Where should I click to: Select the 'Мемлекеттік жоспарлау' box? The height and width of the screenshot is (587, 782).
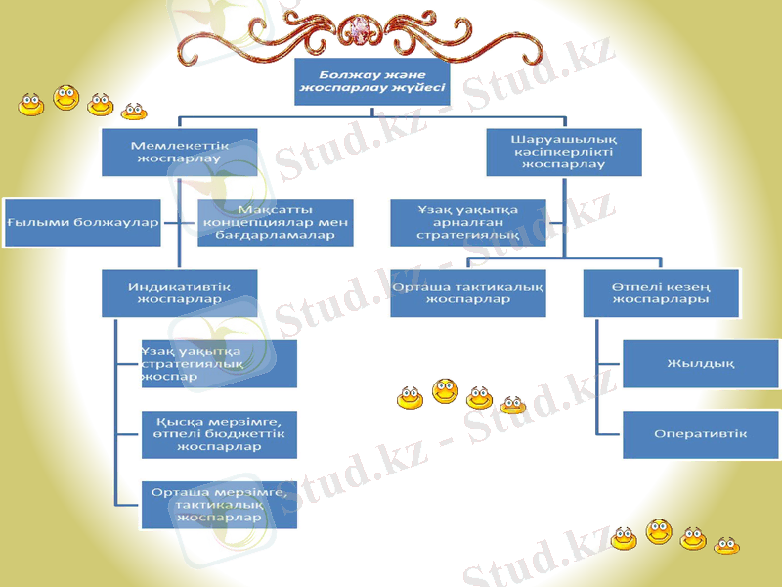(180, 152)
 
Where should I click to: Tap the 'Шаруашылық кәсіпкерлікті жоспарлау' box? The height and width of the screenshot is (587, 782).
(564, 152)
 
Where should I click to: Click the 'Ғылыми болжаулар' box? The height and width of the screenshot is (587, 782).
(82, 222)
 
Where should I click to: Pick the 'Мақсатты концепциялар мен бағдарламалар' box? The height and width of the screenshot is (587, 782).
(275, 222)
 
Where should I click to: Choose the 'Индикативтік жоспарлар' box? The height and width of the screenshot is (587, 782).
(180, 293)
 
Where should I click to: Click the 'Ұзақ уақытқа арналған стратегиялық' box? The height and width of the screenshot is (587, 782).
(467, 222)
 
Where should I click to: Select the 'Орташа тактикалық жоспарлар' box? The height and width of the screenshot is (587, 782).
(467, 293)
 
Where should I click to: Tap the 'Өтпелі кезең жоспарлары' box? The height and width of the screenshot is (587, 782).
(660, 293)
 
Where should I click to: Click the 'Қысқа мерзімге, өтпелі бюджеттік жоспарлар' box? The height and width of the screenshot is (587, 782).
(219, 434)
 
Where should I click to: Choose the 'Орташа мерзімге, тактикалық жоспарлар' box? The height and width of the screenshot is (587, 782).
(219, 505)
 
